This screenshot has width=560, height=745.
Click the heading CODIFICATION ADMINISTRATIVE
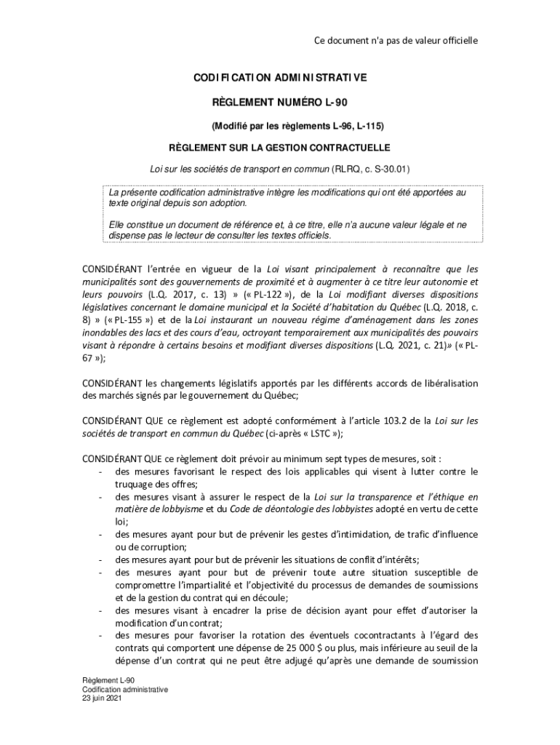pos(280,77)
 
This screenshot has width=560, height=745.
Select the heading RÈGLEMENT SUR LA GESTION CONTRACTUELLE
pos(280,147)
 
